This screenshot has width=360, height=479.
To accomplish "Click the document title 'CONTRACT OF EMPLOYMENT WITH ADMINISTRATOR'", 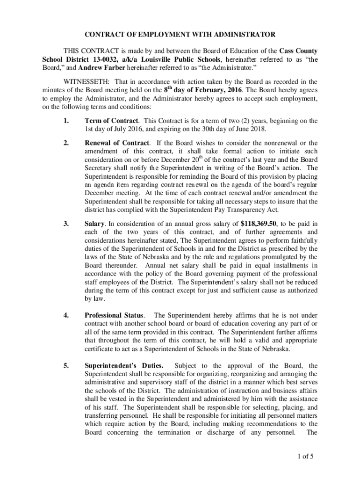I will pyautogui.click(x=180, y=35).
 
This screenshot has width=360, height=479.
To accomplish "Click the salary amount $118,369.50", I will pyautogui.click(x=261, y=224).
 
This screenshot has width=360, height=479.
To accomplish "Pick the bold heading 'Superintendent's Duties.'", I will pyautogui.click(x=124, y=365).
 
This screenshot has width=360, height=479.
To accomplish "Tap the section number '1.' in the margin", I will pyautogui.click(x=66, y=121).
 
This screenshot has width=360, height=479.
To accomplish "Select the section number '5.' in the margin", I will pyautogui.click(x=66, y=365).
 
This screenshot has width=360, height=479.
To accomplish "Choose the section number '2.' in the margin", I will pyautogui.click(x=66, y=143).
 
